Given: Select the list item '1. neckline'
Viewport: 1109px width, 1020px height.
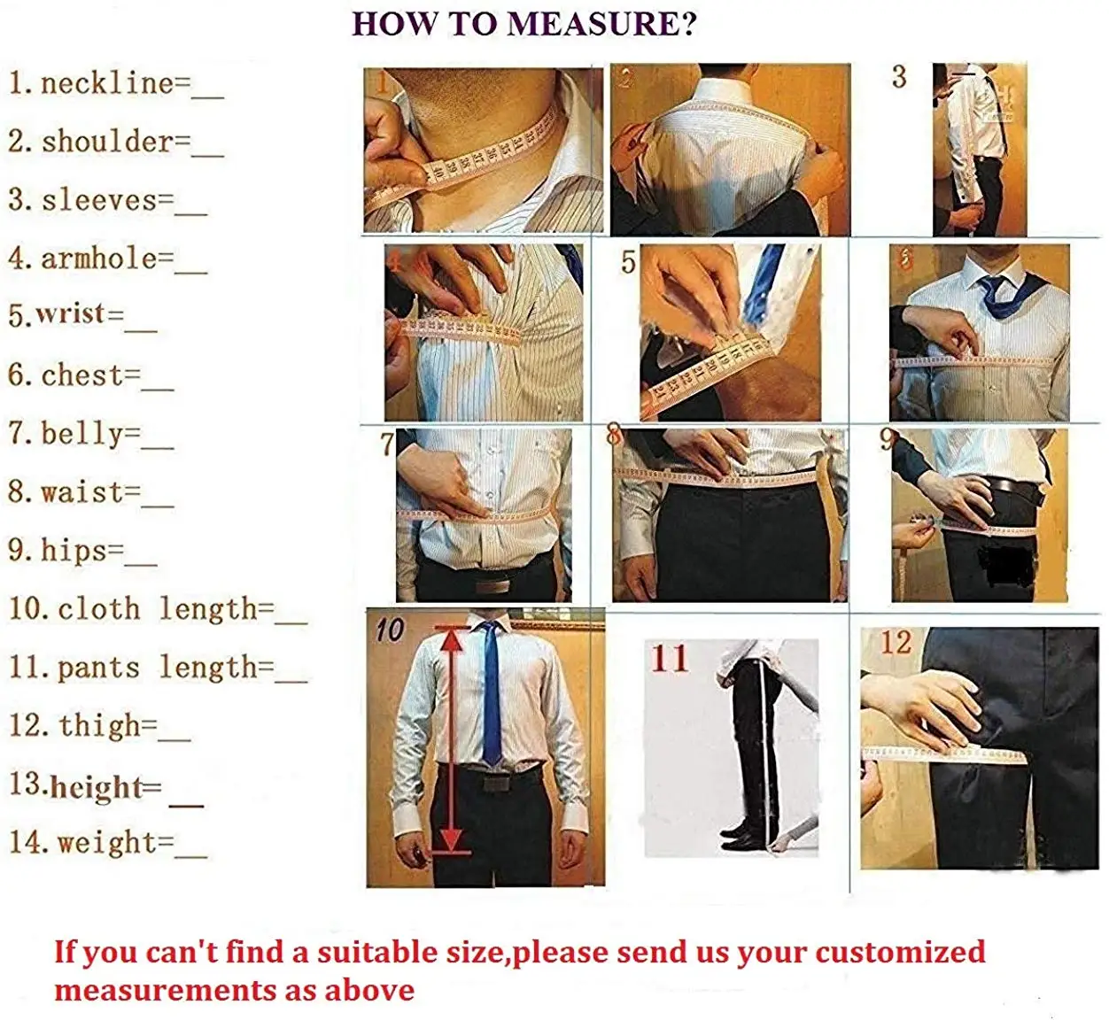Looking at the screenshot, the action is point(116,84).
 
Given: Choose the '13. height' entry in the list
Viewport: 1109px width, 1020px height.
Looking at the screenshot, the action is point(106,786).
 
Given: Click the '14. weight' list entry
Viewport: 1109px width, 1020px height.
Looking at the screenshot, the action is point(108,844).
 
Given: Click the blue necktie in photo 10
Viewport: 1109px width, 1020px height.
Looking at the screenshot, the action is point(491,693).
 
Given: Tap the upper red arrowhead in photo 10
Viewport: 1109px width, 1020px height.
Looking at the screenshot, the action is point(452,640).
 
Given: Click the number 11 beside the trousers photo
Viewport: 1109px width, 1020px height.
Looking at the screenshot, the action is point(670,658).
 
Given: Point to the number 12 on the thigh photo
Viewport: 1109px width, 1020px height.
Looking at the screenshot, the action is point(896,643).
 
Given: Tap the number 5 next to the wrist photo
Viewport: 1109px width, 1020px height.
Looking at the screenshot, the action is point(628,262).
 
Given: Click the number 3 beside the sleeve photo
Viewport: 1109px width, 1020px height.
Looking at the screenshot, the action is point(899,77).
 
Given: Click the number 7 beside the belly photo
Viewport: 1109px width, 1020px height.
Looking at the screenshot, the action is point(387,444).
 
